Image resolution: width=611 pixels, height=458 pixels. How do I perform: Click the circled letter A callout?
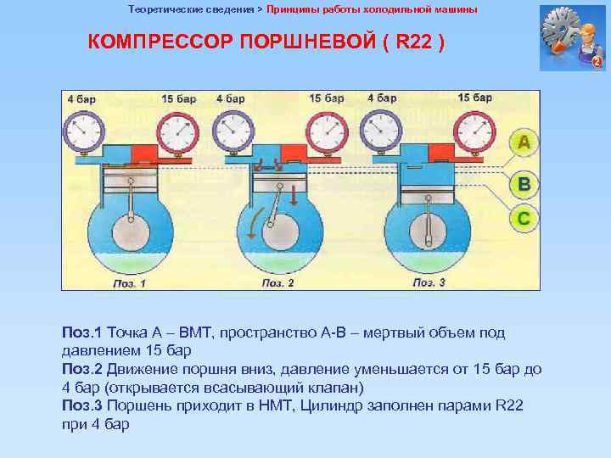(x=524, y=143)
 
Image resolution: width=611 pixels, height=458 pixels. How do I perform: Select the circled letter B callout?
(x=524, y=183)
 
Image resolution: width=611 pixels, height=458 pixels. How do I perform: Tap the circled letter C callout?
(x=524, y=219)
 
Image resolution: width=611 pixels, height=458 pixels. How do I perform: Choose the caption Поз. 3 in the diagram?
(x=429, y=282)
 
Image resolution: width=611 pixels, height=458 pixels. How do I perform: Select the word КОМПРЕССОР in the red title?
(x=156, y=42)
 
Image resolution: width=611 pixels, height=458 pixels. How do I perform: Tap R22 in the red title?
(x=414, y=42)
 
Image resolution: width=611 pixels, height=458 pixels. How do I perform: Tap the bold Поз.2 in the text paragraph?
(x=81, y=370)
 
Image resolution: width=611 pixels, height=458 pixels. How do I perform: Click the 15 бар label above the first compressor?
(x=179, y=99)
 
